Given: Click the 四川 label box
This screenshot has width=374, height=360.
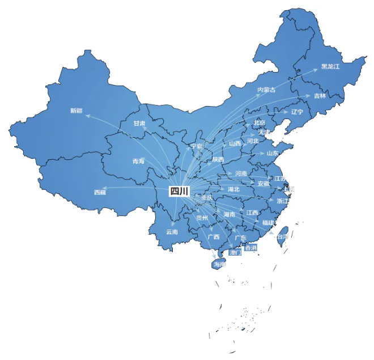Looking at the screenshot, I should pyautogui.click(x=179, y=191).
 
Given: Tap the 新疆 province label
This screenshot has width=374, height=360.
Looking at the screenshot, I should pyautogui.click(x=76, y=110).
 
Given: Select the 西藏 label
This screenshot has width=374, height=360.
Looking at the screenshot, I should pyautogui.click(x=100, y=192).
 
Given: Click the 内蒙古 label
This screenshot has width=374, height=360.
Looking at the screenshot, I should pyautogui.click(x=266, y=90).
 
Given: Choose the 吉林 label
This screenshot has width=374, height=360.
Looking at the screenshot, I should pyautogui.click(x=320, y=96).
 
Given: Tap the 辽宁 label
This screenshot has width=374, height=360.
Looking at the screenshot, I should pyautogui.click(x=297, y=112).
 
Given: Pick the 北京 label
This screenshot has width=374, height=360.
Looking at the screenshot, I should pyautogui.click(x=260, y=122).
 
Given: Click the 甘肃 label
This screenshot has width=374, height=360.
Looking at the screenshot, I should pyautogui.click(x=139, y=123).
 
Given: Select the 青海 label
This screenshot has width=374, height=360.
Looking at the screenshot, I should pyautogui.click(x=138, y=161).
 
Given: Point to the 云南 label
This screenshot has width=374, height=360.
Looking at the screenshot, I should pyautogui.click(x=172, y=231).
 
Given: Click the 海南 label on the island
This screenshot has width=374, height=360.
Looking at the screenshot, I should pyautogui.click(x=219, y=264).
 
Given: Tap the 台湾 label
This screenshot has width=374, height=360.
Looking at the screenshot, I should pyautogui.click(x=282, y=236).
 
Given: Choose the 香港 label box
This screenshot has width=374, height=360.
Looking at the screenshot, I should pyautogui.click(x=250, y=248).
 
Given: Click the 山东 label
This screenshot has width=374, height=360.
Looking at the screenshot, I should pyautogui.click(x=273, y=153).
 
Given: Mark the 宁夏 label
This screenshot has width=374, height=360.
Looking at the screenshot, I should pyautogui.click(x=197, y=146).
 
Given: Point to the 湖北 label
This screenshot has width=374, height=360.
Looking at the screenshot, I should pyautogui.click(x=233, y=189).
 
